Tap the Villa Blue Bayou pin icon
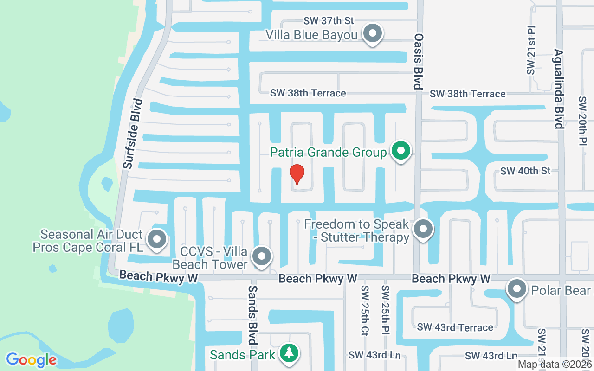pos(372,34)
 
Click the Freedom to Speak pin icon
pos(423,229)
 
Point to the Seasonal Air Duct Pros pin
pos(157,240)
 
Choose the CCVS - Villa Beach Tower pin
pos(261,256)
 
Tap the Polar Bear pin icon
pos(517,289)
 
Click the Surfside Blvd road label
pos(133,134)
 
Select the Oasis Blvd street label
pos(419,61)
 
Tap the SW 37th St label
pos(329,21)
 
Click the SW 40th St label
pos(525,171)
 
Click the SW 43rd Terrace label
pos(455,327)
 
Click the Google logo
pos(32,360)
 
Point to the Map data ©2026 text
pos(555,365)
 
